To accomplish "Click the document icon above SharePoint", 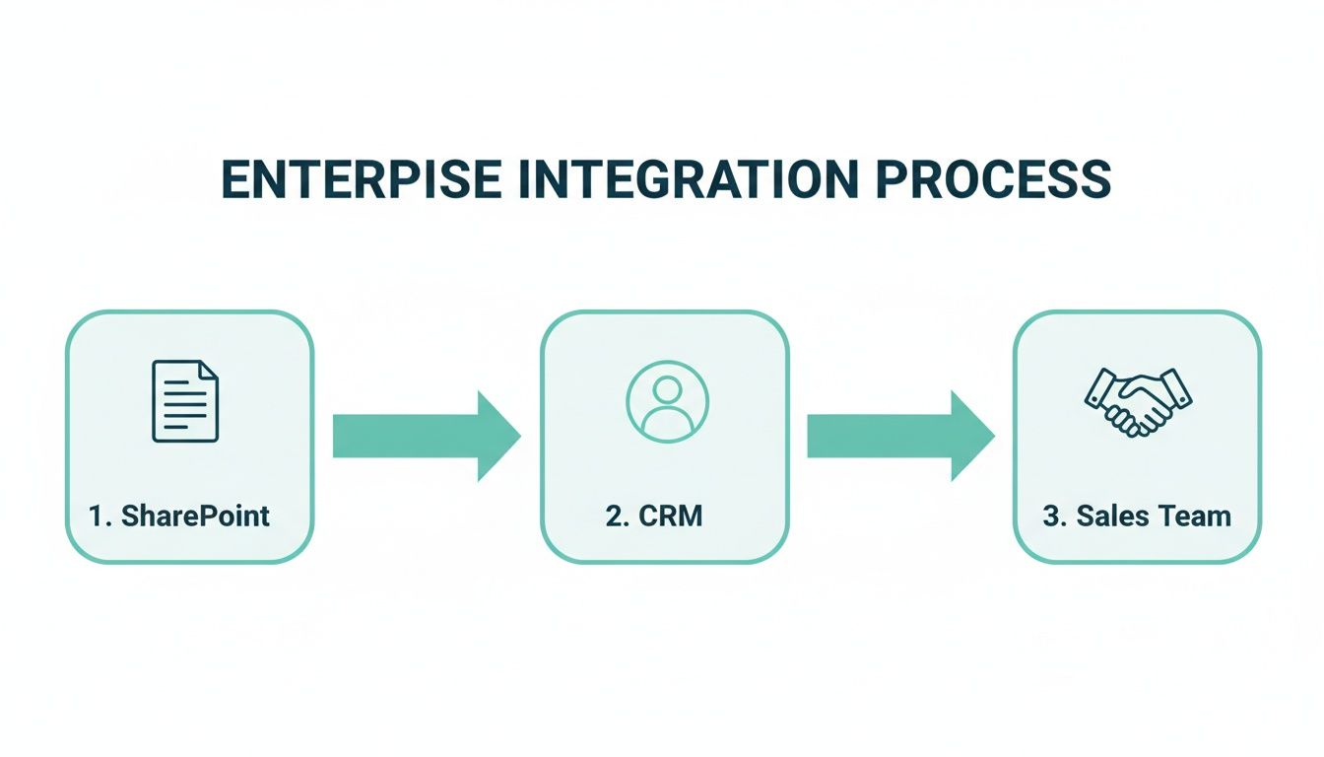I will coord(185,401).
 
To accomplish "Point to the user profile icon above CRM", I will coord(667,400).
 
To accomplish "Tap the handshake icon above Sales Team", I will coord(1138,401).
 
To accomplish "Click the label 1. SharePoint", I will coord(179,516).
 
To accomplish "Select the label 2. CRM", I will coord(654,516).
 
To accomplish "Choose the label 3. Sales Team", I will coord(1137,516).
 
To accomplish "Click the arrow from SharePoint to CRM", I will coord(424,437).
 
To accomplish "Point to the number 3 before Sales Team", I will coord(1051,516).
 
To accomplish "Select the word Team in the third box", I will coord(1195,516).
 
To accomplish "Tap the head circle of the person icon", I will coord(667,389).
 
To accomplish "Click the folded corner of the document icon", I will coord(209,371).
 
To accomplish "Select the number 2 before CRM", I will coord(613,516).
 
